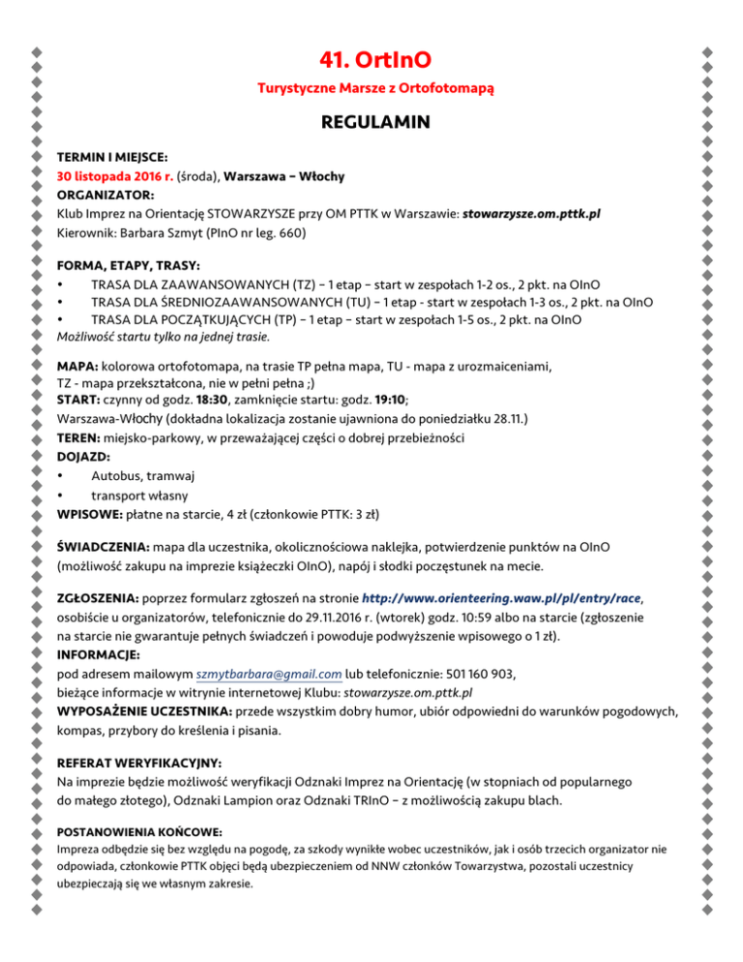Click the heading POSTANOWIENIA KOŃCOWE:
(x=127, y=831)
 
